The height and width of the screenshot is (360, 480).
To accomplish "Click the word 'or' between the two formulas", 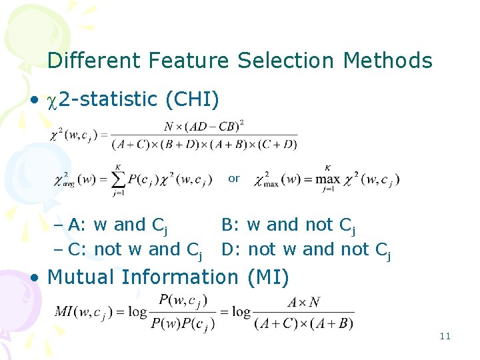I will [x=233, y=179].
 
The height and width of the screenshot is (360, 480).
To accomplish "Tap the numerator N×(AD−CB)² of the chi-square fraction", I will [x=204, y=125].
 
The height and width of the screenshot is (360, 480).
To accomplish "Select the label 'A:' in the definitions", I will [x=77, y=225].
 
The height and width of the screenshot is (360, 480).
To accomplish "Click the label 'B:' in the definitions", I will [x=231, y=225].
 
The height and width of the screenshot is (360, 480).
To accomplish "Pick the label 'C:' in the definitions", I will [x=78, y=249].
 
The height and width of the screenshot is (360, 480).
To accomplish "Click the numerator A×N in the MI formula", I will [x=303, y=302].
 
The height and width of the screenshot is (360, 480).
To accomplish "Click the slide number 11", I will [x=445, y=336].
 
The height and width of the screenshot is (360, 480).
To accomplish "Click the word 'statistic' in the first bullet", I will [x=117, y=99].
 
